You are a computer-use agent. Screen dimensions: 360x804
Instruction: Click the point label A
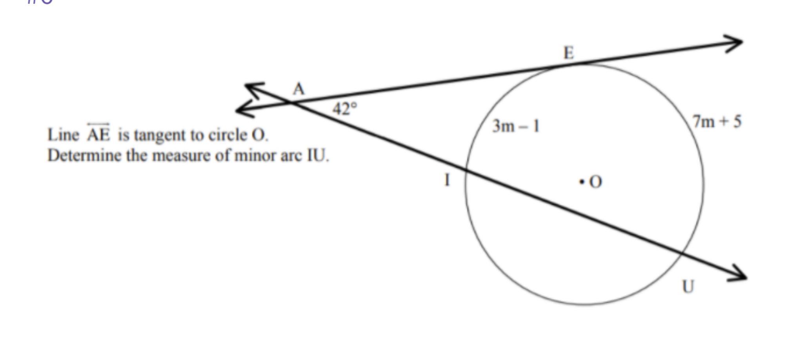[298, 89]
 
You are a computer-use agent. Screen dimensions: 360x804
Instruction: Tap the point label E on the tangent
[569, 53]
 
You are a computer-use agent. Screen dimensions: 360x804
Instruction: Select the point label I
[447, 180]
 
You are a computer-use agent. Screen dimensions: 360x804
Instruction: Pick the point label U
[688, 287]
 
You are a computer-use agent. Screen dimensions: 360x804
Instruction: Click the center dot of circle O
[581, 182]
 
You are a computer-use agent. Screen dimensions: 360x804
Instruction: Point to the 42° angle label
[345, 108]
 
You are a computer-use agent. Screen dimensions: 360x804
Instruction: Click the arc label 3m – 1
[516, 126]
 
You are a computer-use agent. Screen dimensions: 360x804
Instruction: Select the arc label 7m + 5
[717, 122]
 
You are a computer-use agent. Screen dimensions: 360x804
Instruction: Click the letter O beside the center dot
[595, 182]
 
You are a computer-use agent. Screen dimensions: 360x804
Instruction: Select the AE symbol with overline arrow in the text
[98, 134]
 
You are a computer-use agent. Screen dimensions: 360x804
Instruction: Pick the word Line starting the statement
[63, 135]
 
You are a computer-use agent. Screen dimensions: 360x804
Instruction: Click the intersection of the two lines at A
[291, 102]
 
